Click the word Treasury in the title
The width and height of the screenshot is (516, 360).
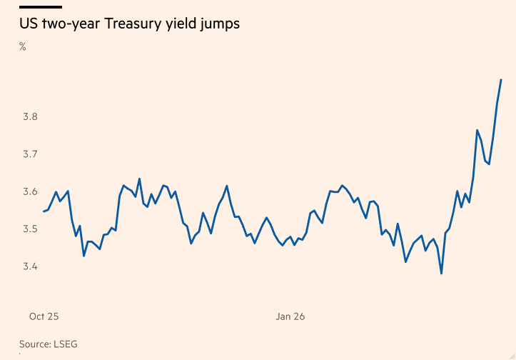tap(133, 24)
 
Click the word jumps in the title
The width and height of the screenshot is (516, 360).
tap(218, 24)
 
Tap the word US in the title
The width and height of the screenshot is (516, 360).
tap(28, 24)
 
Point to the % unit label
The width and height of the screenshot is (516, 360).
tap(23, 47)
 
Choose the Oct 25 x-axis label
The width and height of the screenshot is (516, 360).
tap(43, 316)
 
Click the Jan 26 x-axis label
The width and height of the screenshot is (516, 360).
tap(290, 316)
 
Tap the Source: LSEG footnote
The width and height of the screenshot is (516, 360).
tap(48, 344)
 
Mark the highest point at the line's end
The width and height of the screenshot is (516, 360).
tap(501, 79)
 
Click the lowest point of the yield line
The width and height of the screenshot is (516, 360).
tap(441, 274)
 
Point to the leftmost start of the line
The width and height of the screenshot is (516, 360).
tap(44, 211)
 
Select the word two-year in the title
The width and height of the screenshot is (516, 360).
tap(71, 24)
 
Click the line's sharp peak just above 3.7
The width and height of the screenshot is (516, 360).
tap(476, 130)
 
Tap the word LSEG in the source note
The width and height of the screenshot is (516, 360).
tap(65, 344)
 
